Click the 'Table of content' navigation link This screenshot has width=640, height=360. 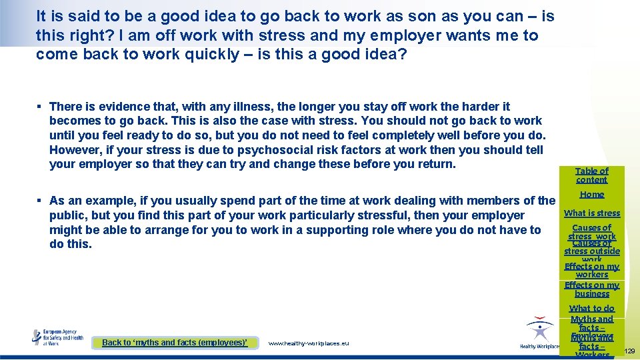tap(592, 175)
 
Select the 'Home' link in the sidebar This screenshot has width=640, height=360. tap(592, 195)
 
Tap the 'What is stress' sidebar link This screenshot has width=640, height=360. tap(592, 213)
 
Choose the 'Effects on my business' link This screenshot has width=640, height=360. tap(592, 289)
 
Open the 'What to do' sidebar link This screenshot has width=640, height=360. tap(592, 309)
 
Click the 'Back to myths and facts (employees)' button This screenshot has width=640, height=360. tap(175, 343)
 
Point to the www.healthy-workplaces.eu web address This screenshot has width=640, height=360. tap(308, 343)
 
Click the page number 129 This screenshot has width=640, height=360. tap(629, 351)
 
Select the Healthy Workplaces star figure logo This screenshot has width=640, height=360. tap(539, 332)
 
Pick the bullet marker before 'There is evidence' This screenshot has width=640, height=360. tap(41, 107)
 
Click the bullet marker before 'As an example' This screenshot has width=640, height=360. tap(41, 201)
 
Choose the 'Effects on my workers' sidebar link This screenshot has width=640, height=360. tap(592, 270)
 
